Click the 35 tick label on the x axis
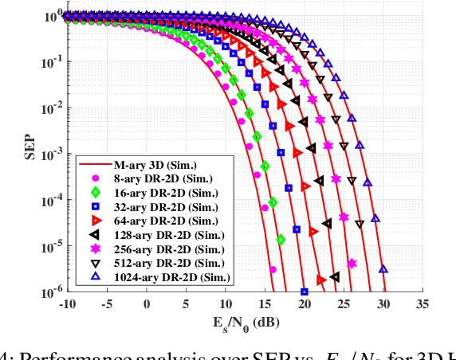coord(423,304)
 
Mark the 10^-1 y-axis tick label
coord(49,62)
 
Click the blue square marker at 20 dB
coord(305,292)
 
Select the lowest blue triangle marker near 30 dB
coord(383,269)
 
